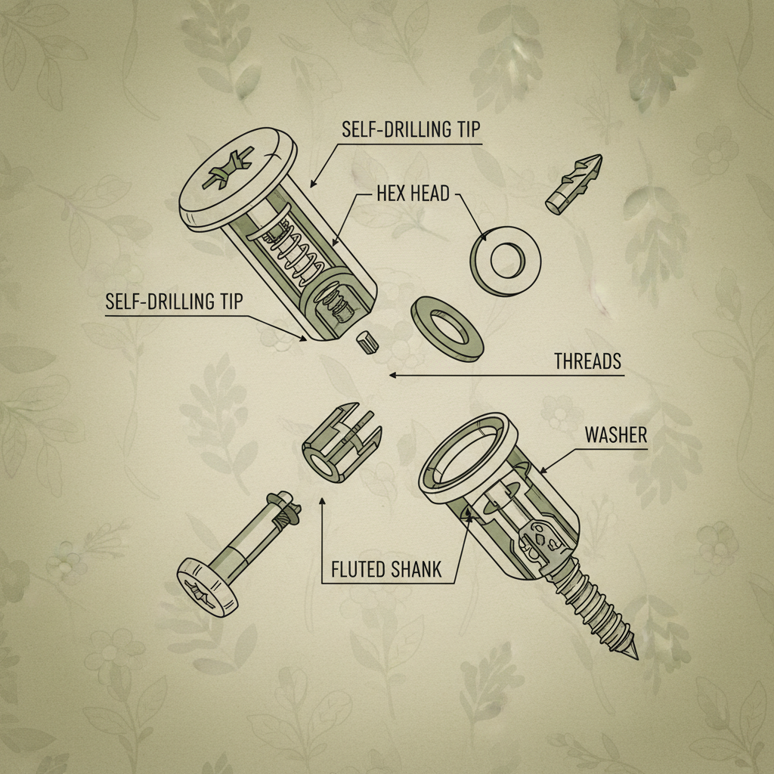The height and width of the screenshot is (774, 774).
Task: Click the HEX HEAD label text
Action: (x=413, y=194)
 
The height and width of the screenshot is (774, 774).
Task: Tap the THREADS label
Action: (x=587, y=361)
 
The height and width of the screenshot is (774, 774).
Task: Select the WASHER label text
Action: (x=615, y=435)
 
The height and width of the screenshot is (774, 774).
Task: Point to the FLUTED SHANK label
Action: (x=386, y=569)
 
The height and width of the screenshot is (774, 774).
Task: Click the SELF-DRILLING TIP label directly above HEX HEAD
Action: (x=411, y=128)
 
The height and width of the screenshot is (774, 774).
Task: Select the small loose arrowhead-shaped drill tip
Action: (x=575, y=184)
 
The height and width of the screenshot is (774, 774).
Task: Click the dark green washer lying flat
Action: (x=448, y=329)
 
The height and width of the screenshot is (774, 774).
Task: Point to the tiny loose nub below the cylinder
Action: (x=366, y=341)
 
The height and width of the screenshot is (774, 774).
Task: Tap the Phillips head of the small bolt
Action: (x=206, y=585)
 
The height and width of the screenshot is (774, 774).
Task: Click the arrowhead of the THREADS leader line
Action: (x=390, y=374)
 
